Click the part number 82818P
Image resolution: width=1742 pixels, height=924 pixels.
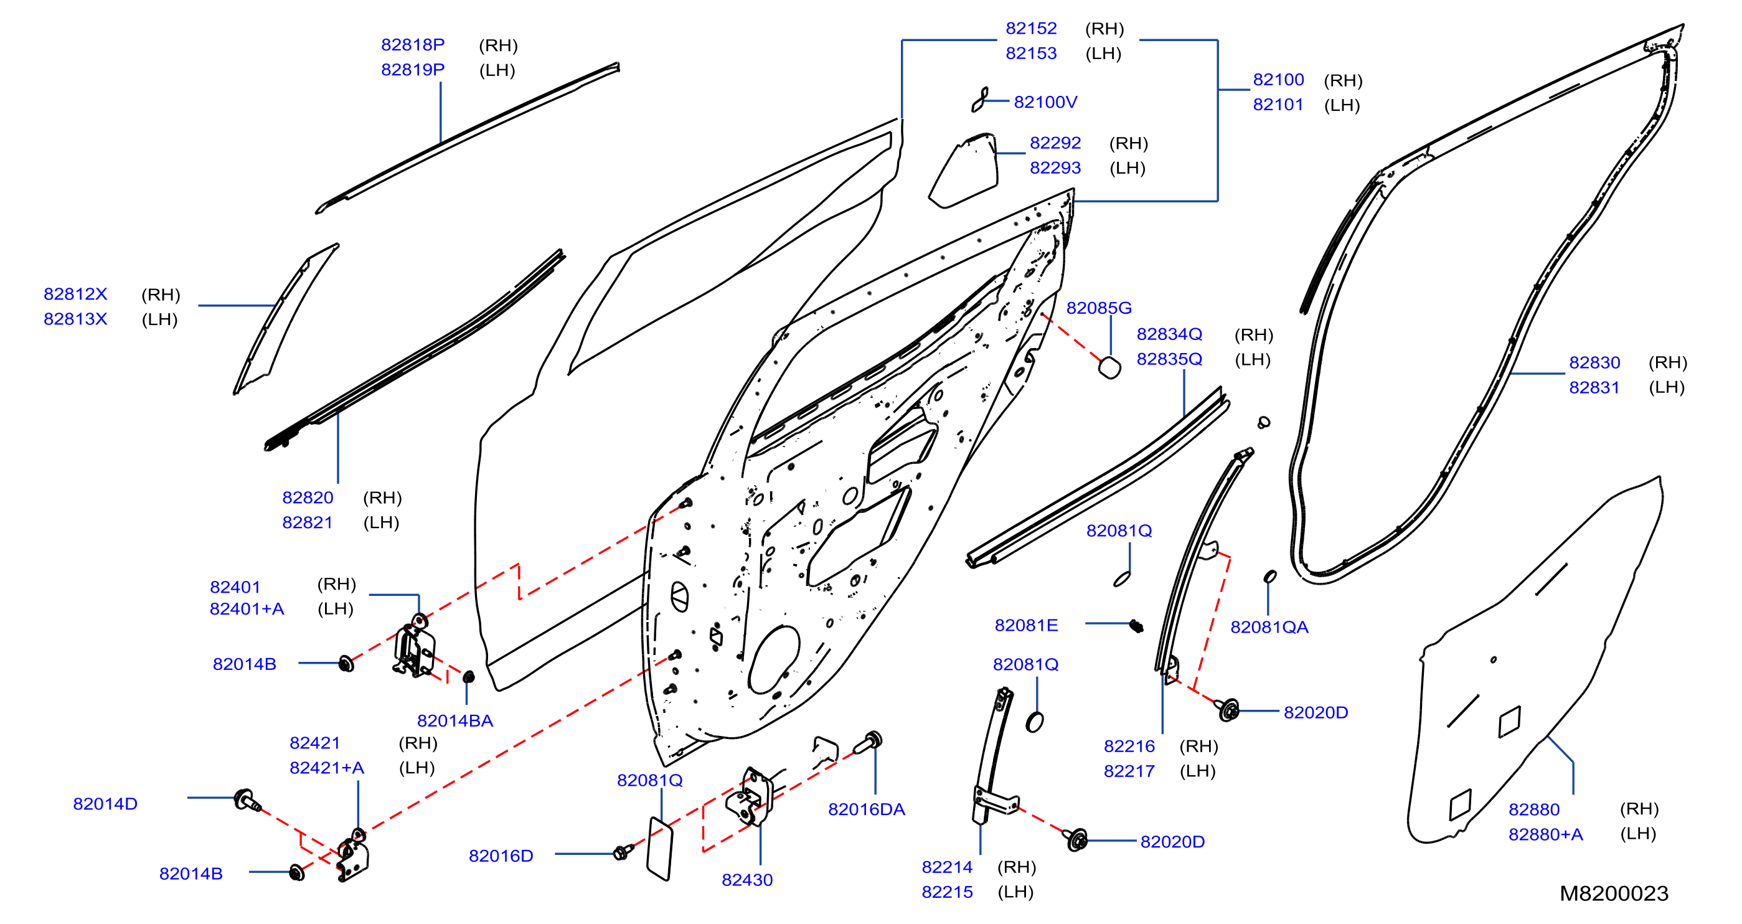coord(413,45)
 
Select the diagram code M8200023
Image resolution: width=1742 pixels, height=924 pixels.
coord(1614,893)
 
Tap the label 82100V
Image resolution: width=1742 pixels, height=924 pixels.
coord(1045,102)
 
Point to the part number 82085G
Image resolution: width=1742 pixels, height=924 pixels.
coord(1099,308)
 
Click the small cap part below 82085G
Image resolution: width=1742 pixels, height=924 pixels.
coord(1109,367)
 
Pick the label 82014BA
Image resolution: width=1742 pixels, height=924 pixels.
coord(455,721)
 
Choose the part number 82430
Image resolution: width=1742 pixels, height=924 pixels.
coord(747,880)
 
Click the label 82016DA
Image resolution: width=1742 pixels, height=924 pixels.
coord(866,809)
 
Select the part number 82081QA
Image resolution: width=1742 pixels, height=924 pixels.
coord(1269,628)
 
